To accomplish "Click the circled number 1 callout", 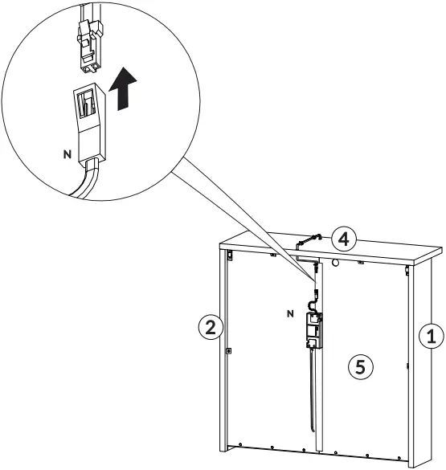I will click(431, 335).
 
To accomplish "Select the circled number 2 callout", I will click(210, 327).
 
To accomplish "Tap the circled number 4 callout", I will click(343, 239).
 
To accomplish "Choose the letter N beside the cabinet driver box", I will click(290, 313).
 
